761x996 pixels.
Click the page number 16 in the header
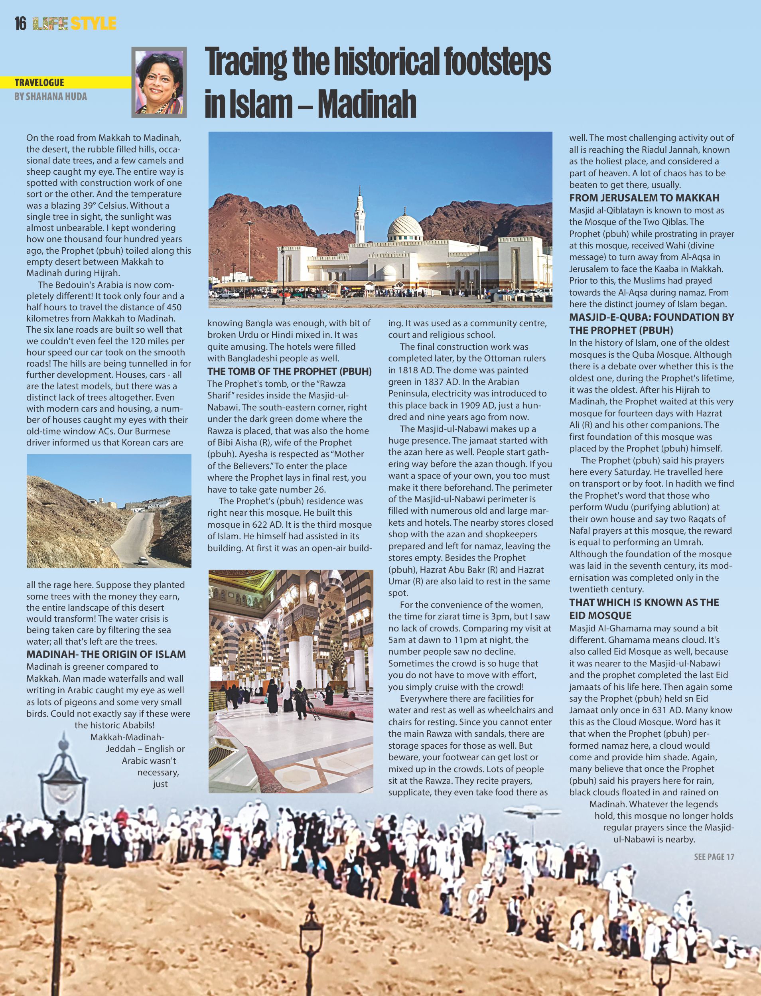20,24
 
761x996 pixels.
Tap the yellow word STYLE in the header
94,24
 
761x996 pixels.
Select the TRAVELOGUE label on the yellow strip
39,83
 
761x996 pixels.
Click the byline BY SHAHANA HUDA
50,97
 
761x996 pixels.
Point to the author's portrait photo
159,82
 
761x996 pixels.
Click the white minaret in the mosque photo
360,217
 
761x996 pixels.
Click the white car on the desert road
143,561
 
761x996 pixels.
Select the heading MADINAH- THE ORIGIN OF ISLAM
106,654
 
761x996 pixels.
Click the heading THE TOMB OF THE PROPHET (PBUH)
290,371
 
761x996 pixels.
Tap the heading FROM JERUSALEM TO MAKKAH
644,198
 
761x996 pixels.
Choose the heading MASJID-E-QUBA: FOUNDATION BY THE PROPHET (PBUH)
651,323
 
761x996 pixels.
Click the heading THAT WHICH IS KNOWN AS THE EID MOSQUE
644,609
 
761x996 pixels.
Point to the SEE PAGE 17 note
714,856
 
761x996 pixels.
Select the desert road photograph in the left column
109,511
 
